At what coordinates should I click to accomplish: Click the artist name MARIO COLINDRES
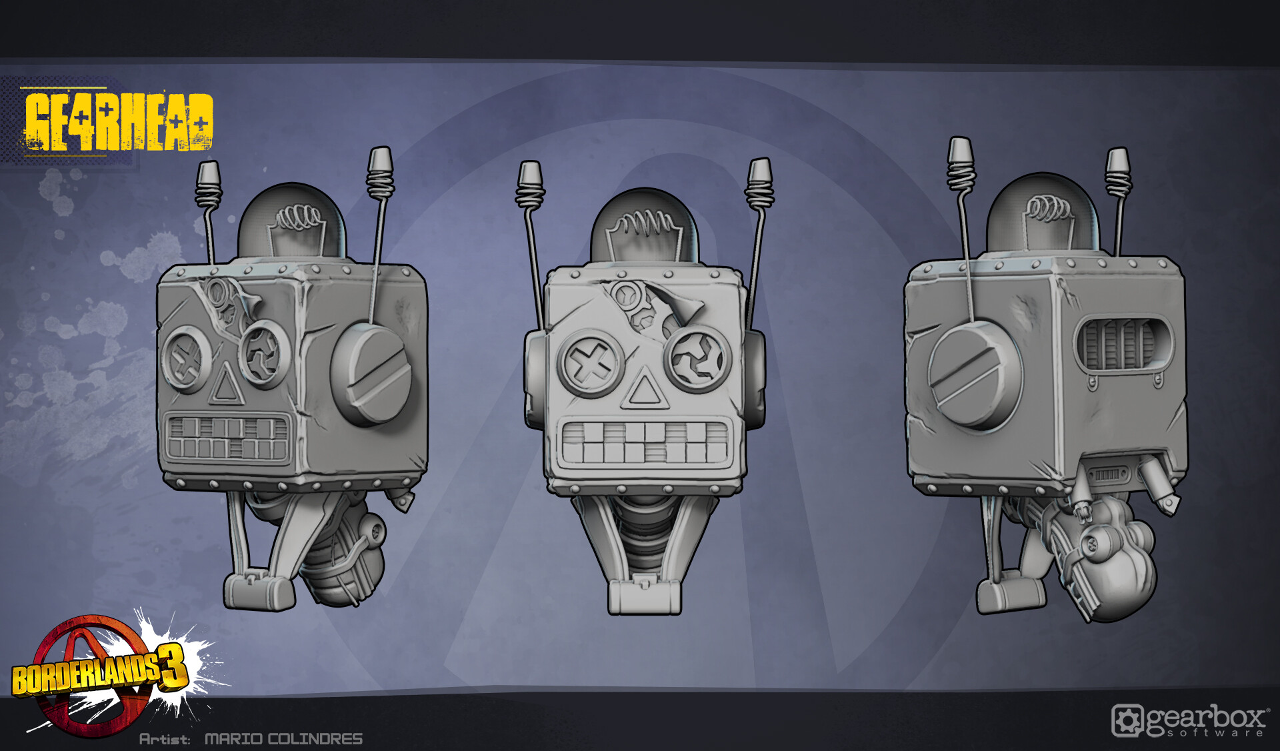283,739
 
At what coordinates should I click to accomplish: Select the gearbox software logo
1191,721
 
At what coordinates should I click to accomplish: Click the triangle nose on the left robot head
225,386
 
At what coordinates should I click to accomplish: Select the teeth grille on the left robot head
227,438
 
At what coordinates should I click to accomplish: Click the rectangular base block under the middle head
644,596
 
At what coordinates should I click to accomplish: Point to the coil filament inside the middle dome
643,224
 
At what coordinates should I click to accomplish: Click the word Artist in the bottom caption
164,739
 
